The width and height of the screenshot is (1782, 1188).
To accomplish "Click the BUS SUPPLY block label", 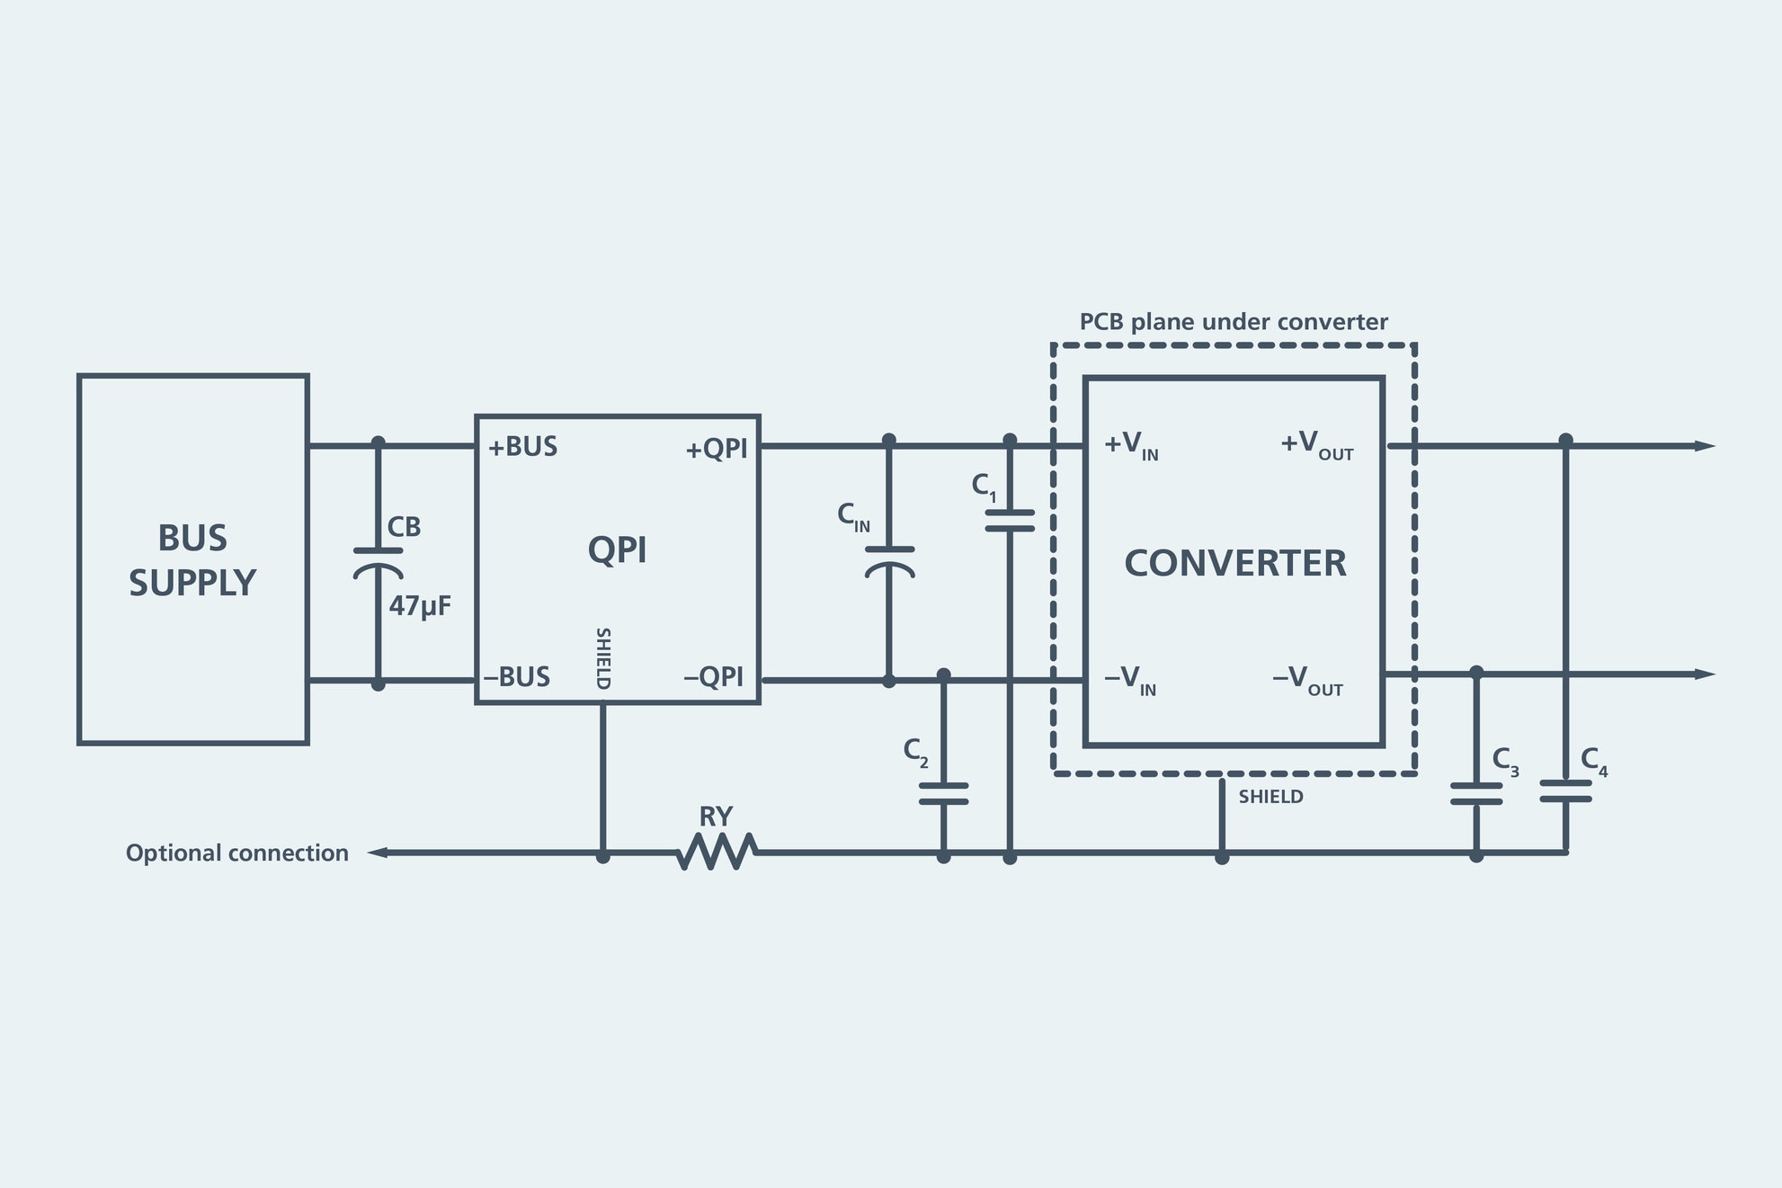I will (x=192, y=560).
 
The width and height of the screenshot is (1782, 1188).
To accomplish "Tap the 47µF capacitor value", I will (x=419, y=606).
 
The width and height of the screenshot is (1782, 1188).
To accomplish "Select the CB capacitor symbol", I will (x=378, y=561).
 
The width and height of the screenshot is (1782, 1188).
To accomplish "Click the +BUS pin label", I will (x=522, y=447).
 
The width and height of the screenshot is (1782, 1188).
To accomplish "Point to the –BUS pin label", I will (x=517, y=677).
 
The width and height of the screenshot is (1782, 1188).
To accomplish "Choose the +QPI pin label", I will (x=717, y=449).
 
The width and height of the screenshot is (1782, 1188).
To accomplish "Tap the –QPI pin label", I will (x=714, y=677).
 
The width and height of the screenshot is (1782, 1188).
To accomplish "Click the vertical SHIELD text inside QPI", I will (x=603, y=658).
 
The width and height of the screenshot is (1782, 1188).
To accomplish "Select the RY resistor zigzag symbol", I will (x=717, y=851).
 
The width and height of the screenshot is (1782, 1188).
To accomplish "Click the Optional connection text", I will (x=236, y=853).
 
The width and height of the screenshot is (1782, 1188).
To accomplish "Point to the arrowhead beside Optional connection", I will (x=379, y=852).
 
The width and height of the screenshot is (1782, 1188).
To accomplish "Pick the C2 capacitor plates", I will (x=943, y=793).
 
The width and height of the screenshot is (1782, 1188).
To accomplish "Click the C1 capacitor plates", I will (x=1010, y=521).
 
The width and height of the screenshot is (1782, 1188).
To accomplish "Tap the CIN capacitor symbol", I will (x=889, y=560).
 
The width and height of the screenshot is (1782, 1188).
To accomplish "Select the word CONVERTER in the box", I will (x=1234, y=564).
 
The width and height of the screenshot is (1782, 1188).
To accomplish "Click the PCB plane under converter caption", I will (x=1234, y=322).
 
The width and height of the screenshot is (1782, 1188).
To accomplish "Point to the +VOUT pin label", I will (x=1316, y=445).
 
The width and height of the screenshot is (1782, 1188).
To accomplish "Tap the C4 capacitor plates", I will (x=1565, y=791).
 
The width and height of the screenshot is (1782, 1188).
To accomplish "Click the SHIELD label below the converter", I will (x=1270, y=797).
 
